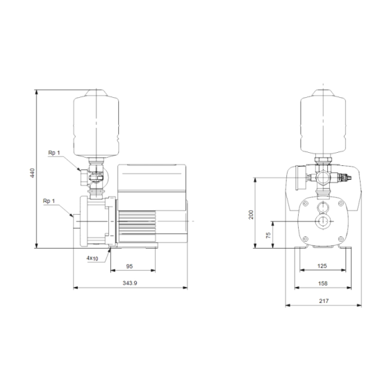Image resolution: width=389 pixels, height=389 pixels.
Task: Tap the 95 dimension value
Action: tap(129, 266)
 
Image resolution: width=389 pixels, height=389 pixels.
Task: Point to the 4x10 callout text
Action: tap(92, 258)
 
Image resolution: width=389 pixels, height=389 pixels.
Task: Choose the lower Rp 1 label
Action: tap(48, 201)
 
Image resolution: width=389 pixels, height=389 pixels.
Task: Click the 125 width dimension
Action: tap(322, 266)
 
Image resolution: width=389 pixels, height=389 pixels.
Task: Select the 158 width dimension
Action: tap(322, 283)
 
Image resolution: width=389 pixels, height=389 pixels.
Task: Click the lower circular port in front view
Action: tap(323, 222)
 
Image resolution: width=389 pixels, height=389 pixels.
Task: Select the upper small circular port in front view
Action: tap(323, 207)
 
